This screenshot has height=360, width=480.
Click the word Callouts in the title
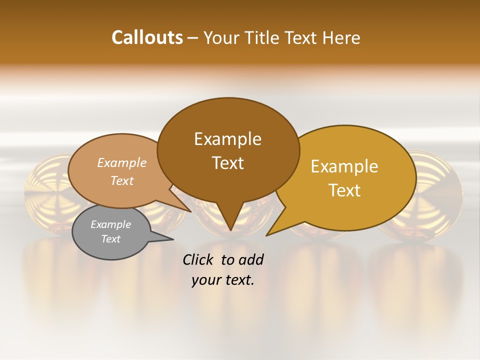pos(147,37)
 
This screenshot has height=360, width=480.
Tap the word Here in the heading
pos(341,37)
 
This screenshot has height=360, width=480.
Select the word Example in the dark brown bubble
pos(227,139)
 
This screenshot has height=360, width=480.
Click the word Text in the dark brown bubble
pos(227,163)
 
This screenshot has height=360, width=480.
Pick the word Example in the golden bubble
pos(344,166)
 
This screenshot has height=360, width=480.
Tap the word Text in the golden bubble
pos(344,190)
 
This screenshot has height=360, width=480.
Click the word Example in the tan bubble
pos(121,163)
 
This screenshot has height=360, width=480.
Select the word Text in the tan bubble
pos(121,181)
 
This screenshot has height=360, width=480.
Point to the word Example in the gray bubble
pos(110,224)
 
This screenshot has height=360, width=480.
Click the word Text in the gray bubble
pos(110,239)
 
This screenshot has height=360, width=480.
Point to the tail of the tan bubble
pos(187,209)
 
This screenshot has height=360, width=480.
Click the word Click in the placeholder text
pos(199,259)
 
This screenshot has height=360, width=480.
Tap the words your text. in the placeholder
pos(222,280)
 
